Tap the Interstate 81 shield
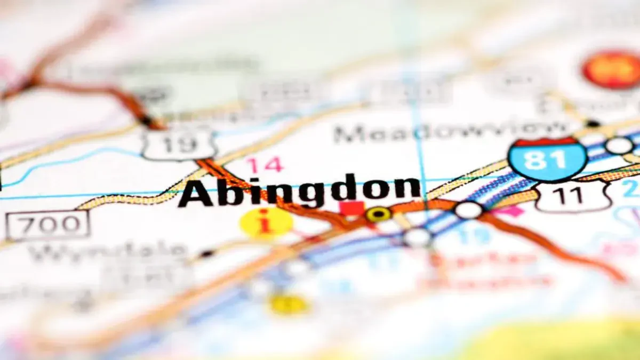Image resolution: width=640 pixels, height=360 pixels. click(547, 158)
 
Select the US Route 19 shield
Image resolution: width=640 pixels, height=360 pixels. click(179, 143)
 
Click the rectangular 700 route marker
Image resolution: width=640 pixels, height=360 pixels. click(47, 225)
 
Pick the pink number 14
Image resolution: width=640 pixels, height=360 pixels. click(264, 165)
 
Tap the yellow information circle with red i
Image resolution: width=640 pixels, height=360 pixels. click(266, 222)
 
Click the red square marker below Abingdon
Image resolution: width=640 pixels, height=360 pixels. click(352, 209)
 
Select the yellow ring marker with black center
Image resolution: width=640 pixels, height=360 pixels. click(378, 214)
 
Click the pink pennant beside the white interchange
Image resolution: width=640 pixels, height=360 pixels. click(510, 211)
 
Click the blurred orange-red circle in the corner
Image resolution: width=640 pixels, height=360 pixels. click(612, 69)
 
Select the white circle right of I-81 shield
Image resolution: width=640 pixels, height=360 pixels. click(619, 146)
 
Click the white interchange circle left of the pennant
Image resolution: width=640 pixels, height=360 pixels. click(468, 210)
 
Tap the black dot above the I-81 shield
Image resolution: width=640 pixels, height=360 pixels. click(593, 124)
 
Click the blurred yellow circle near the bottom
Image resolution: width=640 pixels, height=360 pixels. click(289, 305)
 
